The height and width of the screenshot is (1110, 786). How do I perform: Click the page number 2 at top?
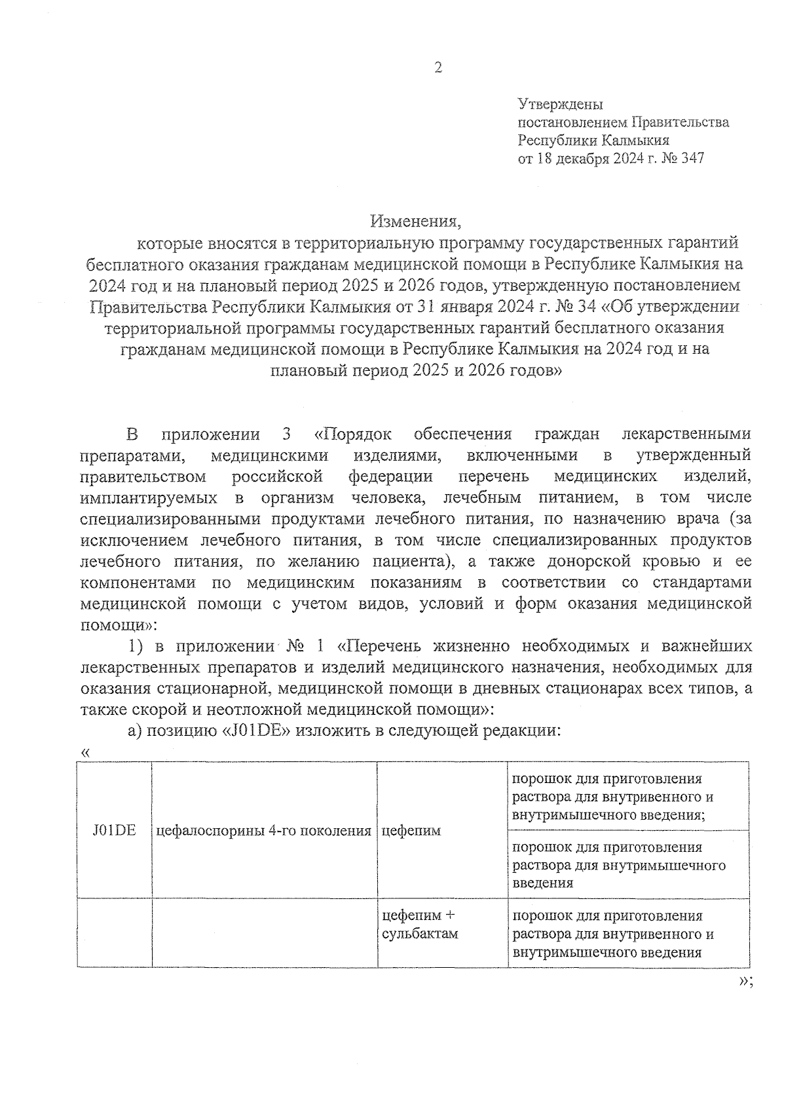[x=438, y=68]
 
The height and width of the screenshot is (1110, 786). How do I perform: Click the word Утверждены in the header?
[x=560, y=104]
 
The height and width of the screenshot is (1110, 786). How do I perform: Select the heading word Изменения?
[x=415, y=221]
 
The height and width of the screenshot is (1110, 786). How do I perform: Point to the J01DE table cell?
[x=114, y=830]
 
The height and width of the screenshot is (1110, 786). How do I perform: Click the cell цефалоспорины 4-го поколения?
[x=264, y=831]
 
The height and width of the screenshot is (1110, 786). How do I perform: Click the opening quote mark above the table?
[x=84, y=752]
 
